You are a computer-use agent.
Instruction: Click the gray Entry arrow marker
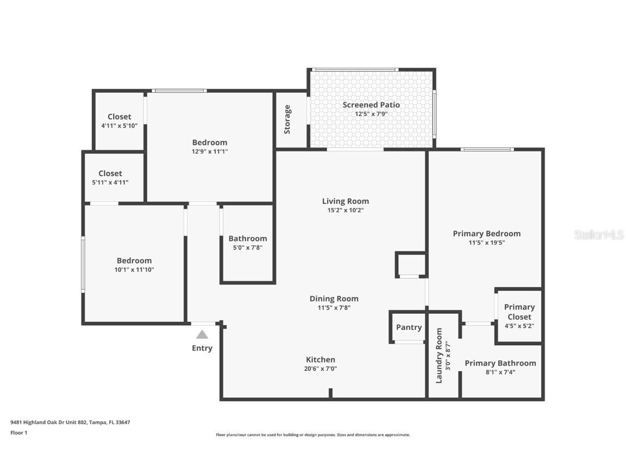coord(202,335)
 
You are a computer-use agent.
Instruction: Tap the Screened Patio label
coord(371,105)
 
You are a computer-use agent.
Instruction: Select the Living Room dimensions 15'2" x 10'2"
coord(345,210)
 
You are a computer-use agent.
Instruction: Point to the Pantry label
coord(409,327)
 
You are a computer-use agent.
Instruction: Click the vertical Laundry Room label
coord(440,356)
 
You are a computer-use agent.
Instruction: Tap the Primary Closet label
coord(519,312)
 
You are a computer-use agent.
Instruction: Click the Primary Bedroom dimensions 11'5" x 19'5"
coord(486,243)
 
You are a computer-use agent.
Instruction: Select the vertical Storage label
coord(287,119)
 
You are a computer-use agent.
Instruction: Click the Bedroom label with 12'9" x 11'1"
coord(209,143)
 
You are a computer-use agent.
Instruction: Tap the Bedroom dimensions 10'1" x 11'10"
coord(134,269)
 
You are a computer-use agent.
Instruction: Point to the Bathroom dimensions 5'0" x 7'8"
coord(247,248)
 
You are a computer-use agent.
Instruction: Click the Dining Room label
coord(334,299)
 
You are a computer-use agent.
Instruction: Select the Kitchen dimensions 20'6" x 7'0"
coord(321,369)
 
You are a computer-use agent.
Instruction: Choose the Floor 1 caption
coord(18,433)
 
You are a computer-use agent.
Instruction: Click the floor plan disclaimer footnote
coord(312,435)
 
